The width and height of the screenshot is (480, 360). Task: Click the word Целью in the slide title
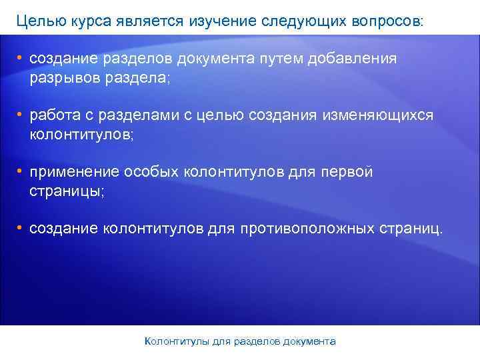[x=37, y=21]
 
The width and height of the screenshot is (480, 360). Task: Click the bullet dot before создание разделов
[x=21, y=58]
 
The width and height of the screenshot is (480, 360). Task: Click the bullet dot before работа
[x=21, y=115]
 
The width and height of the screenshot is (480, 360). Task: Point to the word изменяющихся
[x=380, y=115]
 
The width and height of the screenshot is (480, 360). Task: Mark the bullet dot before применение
[x=21, y=171]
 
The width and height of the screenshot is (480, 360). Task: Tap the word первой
[x=347, y=172]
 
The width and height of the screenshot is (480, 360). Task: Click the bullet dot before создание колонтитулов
[x=21, y=228]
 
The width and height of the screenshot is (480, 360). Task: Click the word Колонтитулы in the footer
[x=177, y=341]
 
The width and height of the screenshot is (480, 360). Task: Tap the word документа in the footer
[x=309, y=341]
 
